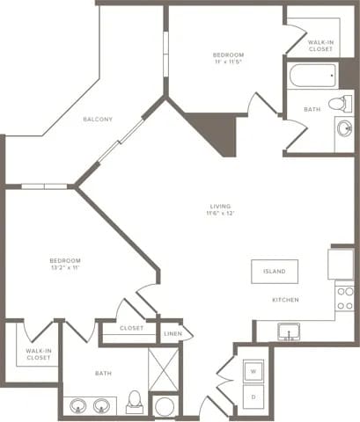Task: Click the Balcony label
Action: click(97, 119)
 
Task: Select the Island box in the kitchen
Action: click(274, 272)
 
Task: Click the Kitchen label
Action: click(284, 301)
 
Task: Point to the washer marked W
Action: click(253, 371)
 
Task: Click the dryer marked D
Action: click(253, 397)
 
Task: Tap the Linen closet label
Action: click(173, 334)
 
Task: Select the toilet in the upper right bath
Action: click(338, 104)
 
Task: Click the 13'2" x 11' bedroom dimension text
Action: click(65, 269)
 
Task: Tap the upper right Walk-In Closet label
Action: click(320, 45)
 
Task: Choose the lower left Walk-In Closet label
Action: click(37, 354)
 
